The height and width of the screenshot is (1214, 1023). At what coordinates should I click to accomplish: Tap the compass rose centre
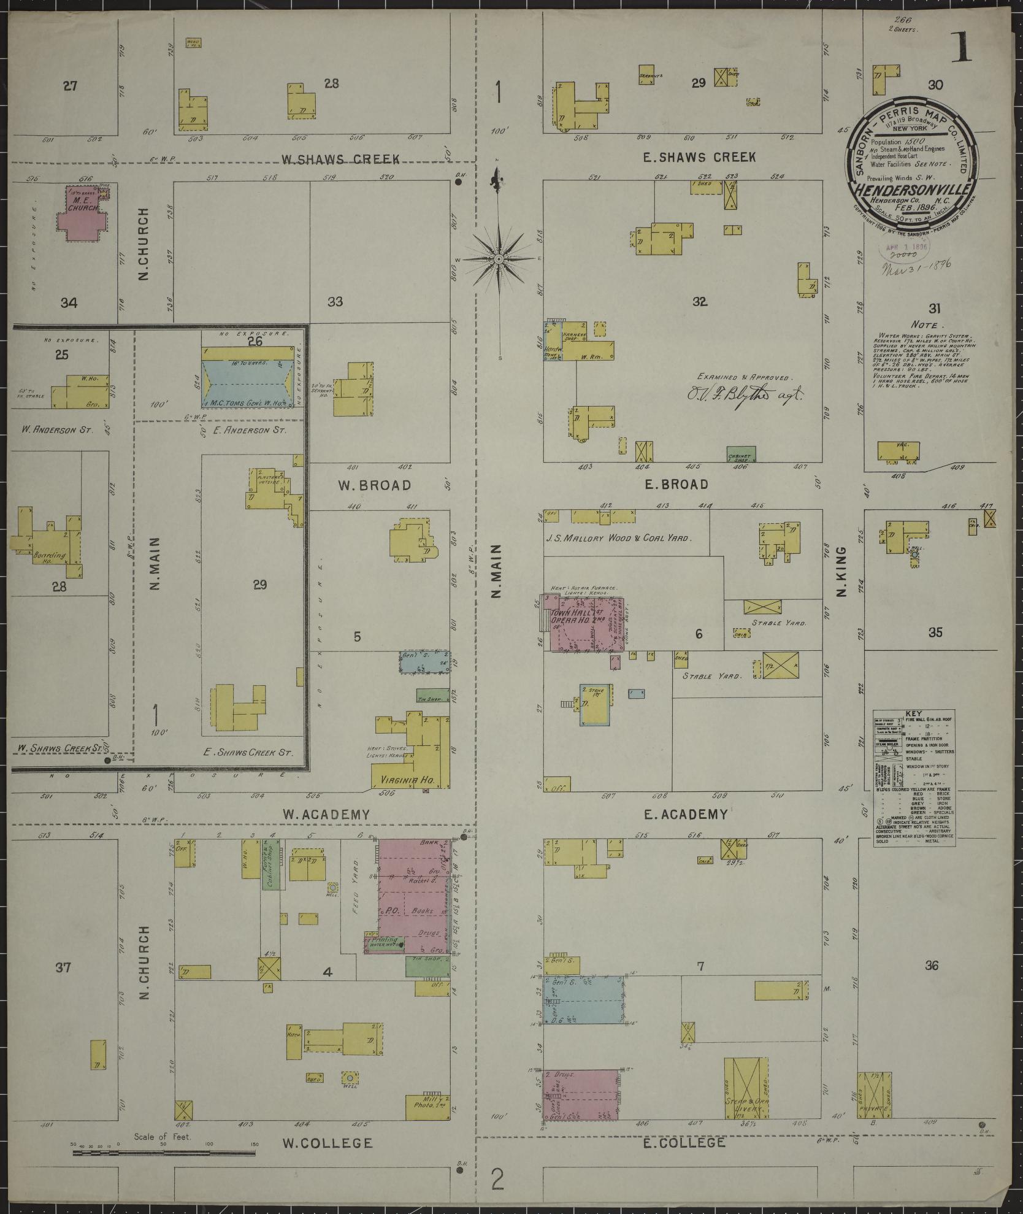tap(499, 259)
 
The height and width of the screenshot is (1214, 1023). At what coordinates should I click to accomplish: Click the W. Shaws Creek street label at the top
tap(340, 159)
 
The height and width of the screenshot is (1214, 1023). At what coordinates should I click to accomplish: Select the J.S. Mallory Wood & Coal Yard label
tap(619, 538)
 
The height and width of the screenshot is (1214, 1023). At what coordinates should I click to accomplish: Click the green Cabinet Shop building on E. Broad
tap(741, 454)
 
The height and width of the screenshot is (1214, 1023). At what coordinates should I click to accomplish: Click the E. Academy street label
tap(685, 814)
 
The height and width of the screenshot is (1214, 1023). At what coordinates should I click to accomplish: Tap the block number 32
tap(699, 302)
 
